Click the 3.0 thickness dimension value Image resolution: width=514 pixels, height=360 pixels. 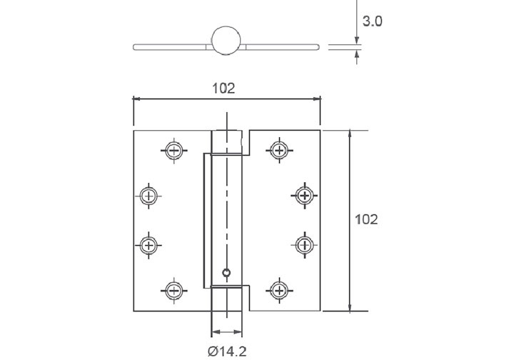(x=372, y=21)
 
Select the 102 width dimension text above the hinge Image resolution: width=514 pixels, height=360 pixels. (x=224, y=88)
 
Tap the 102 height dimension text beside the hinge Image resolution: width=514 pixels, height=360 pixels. (x=366, y=219)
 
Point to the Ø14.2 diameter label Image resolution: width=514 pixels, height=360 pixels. (x=227, y=350)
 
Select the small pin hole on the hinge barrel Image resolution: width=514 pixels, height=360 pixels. (x=226, y=271)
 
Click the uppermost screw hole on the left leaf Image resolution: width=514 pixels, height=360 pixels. (x=173, y=150)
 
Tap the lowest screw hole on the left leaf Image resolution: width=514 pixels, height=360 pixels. (x=173, y=290)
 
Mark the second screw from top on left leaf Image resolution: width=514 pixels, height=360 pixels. (x=148, y=195)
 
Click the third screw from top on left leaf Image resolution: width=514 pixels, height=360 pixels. (x=148, y=245)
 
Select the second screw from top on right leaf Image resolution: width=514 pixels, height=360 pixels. (x=305, y=195)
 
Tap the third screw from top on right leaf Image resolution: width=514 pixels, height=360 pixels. (x=305, y=245)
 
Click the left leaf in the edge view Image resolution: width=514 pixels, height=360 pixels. (x=171, y=47)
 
